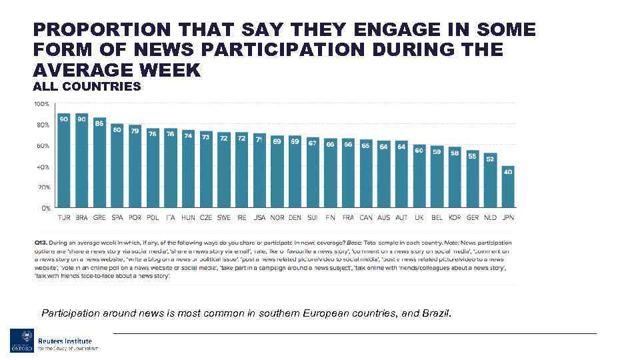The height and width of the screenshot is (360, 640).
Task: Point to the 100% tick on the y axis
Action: (41, 104)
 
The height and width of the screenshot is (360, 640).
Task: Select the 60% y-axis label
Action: (42, 145)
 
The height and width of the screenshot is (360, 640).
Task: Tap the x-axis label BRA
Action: (81, 217)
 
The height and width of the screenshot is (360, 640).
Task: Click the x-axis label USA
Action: (259, 217)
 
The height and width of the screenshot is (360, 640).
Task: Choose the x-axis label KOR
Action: (455, 217)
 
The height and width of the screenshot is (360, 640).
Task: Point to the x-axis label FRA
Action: (348, 217)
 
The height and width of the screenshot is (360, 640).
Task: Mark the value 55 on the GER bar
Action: (473, 155)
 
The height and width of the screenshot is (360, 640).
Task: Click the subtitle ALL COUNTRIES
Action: (87, 86)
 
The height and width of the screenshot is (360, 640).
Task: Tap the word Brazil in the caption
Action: (436, 312)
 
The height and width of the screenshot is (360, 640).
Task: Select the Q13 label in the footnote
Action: (41, 242)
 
